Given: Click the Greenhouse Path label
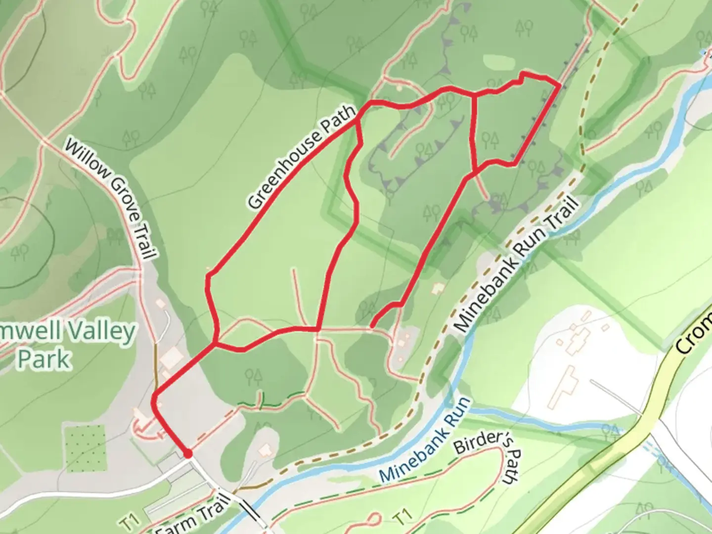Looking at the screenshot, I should coord(302,157).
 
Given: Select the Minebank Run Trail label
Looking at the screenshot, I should coord(517,265).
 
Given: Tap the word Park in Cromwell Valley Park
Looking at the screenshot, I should coord(44,359).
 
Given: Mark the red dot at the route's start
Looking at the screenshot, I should coord(187,453).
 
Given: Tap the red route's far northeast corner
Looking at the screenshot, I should coord(559,86).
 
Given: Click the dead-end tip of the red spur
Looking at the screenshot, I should coord(372,326).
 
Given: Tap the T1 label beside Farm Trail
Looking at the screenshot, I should coord(130,522).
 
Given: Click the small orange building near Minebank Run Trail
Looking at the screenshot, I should coord(437,288).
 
